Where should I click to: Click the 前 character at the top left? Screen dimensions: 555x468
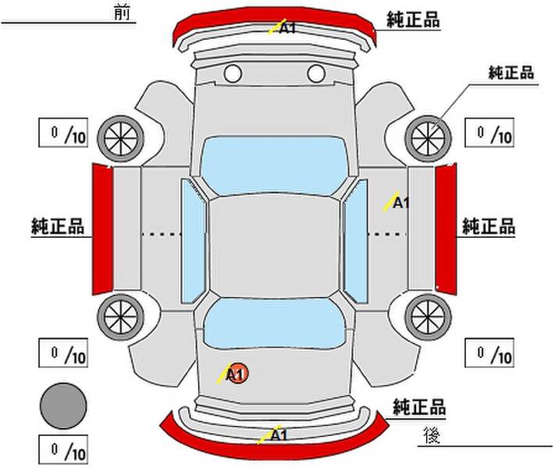[123, 12]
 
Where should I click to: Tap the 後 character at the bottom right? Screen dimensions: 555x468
[432, 434]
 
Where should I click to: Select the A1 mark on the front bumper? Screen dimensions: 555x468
[282, 27]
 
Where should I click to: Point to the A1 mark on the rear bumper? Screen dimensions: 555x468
[273, 434]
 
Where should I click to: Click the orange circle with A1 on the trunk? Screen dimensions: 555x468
[237, 373]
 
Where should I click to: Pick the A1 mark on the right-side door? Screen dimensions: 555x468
[397, 202]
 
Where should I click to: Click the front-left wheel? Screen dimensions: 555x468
[121, 138]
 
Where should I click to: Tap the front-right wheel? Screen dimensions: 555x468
[428, 138]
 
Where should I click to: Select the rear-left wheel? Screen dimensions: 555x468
[121, 317]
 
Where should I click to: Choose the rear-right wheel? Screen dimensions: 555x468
[428, 317]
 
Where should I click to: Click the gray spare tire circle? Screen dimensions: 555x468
[63, 406]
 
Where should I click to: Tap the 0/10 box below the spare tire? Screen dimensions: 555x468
[63, 449]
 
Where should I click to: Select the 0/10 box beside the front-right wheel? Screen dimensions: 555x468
[489, 133]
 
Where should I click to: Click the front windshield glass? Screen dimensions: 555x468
[274, 165]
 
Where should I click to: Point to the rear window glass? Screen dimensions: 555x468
[274, 324]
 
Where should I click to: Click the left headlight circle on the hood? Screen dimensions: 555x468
[233, 73]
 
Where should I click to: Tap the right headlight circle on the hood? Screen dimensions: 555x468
[316, 73]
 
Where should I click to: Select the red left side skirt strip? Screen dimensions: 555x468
[102, 229]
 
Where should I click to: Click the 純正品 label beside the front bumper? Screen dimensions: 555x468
[414, 19]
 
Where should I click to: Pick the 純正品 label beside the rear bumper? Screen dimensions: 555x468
[419, 406]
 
